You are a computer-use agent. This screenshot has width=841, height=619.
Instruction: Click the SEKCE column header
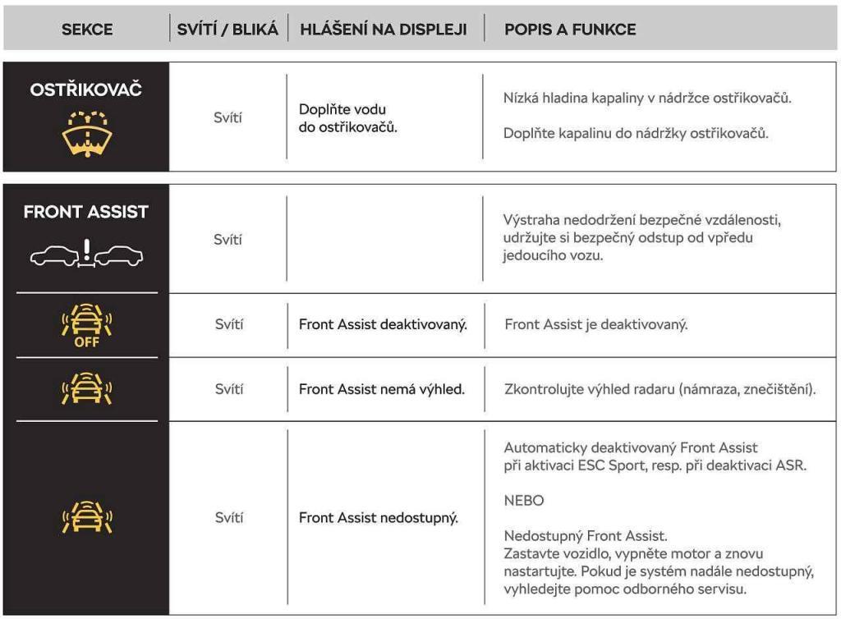tap(87, 30)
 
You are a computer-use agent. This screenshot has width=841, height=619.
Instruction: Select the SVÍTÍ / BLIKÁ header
tap(228, 30)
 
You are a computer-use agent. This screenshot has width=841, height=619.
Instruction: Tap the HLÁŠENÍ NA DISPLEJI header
tap(384, 30)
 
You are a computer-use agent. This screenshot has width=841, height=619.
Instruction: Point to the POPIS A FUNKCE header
tap(570, 30)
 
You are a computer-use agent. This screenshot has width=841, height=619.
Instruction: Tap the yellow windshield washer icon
tap(86, 134)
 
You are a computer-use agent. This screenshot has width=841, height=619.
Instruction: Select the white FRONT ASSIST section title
tap(86, 212)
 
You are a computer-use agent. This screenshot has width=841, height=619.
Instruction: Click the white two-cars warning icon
tap(86, 255)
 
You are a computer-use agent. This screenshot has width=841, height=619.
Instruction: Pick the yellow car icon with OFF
tap(86, 325)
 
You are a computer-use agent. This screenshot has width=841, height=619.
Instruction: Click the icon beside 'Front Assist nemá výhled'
tap(86, 388)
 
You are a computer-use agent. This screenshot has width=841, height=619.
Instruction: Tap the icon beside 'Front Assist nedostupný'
tap(86, 518)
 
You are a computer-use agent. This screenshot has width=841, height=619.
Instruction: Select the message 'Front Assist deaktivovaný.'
tap(383, 324)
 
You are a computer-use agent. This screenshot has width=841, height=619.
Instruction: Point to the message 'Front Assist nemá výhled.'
tap(382, 388)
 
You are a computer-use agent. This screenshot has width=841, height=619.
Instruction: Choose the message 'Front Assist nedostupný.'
tap(379, 518)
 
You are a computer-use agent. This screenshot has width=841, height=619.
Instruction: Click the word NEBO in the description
tap(524, 500)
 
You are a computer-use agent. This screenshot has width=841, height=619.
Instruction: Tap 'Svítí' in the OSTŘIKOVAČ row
tap(228, 118)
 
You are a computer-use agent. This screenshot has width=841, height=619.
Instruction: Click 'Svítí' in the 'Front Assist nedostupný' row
tap(228, 518)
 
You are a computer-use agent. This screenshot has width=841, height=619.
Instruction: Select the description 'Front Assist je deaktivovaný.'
tap(595, 324)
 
